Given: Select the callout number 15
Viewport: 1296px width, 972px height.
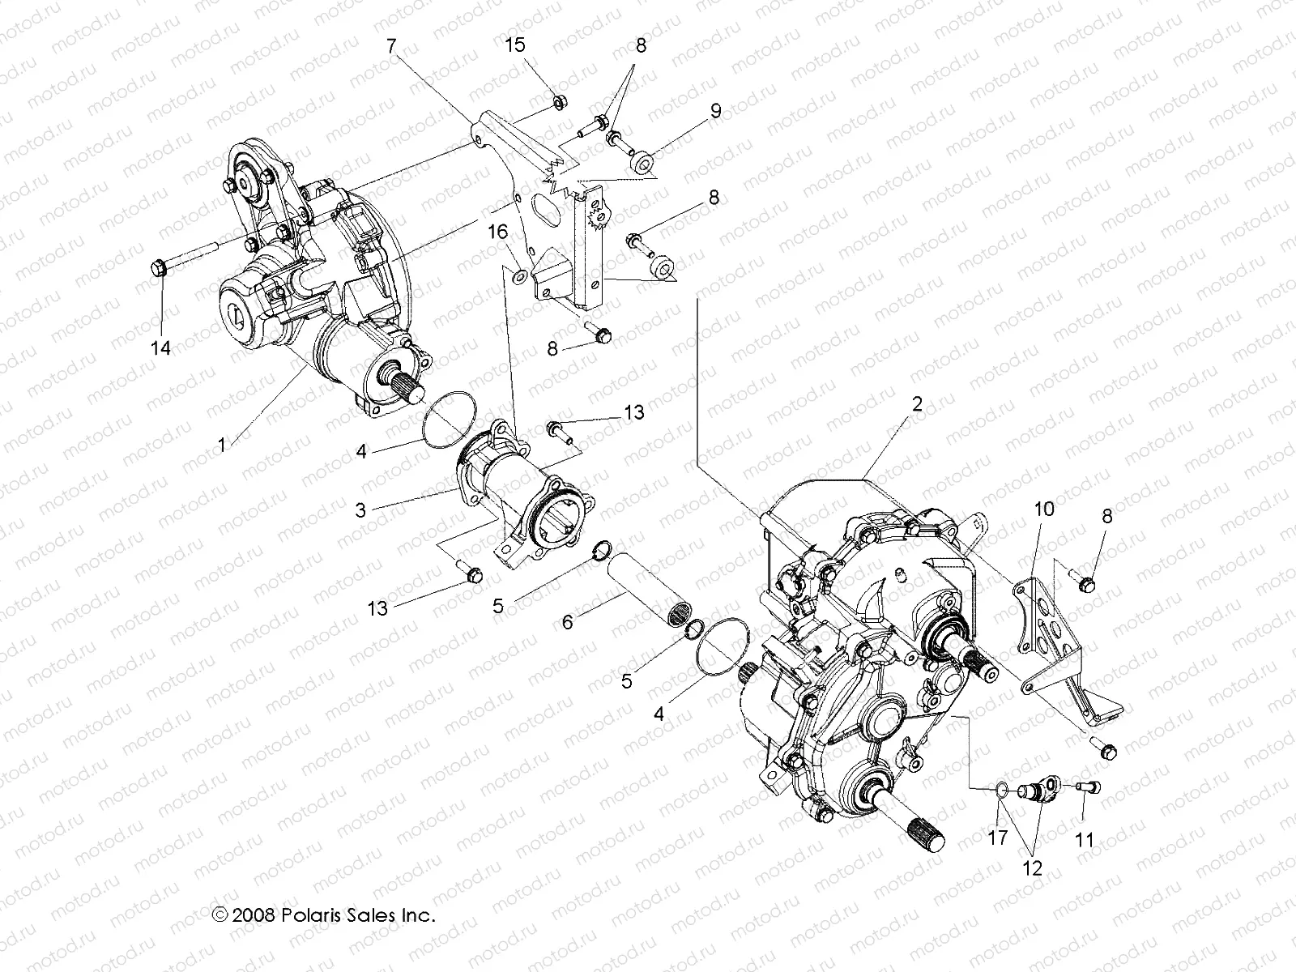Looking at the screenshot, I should [516, 46].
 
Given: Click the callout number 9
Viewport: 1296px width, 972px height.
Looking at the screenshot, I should [715, 111].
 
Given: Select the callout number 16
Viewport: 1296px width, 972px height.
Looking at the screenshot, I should [497, 233].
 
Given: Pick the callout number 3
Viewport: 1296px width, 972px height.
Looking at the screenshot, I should [360, 510].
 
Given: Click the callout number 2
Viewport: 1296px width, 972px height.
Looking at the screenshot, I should [916, 405].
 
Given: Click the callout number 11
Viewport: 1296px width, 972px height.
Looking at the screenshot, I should [1084, 841].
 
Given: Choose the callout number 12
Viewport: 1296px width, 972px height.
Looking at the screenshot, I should [1033, 868].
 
